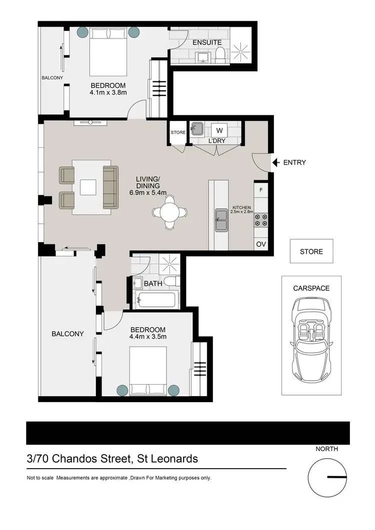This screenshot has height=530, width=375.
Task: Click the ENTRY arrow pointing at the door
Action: click(x=275, y=162)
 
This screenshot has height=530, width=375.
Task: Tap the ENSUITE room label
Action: click(x=207, y=42)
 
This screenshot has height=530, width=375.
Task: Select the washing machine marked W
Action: click(x=219, y=130)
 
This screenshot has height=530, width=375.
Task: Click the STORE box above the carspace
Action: click(x=311, y=251)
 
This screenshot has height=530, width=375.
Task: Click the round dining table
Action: click(x=170, y=212)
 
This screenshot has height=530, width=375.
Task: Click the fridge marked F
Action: click(x=261, y=190)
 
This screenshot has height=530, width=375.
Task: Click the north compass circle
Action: click(x=327, y=477)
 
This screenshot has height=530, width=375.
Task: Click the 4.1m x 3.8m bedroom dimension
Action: click(x=108, y=92)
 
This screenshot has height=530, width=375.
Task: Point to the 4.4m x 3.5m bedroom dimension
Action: click(x=148, y=337)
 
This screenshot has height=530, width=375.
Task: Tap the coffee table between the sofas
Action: click(x=88, y=187)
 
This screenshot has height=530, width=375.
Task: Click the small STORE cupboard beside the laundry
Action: click(x=178, y=132)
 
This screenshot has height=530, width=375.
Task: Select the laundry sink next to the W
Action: click(x=196, y=129)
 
